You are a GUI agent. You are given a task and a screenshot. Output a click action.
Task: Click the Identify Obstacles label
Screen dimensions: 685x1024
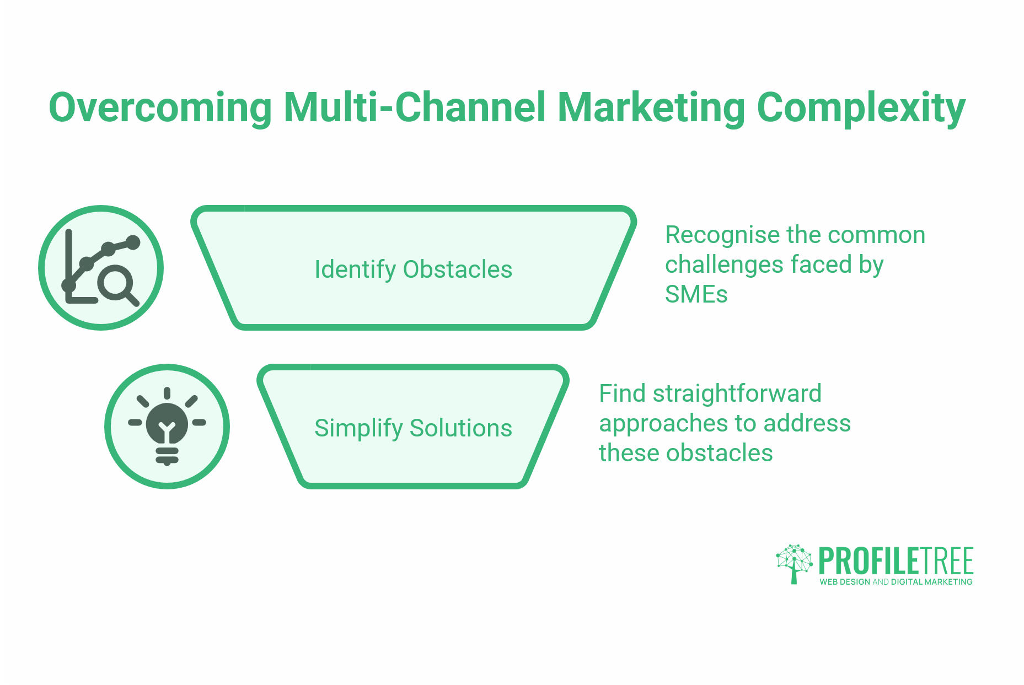[413, 269]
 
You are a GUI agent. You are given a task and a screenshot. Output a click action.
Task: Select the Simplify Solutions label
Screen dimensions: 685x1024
[413, 428]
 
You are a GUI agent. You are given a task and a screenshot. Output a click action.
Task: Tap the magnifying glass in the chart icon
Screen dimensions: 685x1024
[115, 284]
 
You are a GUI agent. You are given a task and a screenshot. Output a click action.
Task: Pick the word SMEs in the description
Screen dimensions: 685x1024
[696, 294]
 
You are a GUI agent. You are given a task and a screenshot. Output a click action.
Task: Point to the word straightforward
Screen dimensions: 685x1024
[737, 394]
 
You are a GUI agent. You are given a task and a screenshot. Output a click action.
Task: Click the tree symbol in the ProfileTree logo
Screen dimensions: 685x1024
[794, 563]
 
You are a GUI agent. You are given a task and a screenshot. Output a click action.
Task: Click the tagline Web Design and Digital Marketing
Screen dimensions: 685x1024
[896, 582]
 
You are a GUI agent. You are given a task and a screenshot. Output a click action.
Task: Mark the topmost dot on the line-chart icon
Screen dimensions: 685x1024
[133, 242]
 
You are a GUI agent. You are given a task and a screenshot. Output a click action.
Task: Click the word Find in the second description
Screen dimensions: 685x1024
[621, 394]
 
